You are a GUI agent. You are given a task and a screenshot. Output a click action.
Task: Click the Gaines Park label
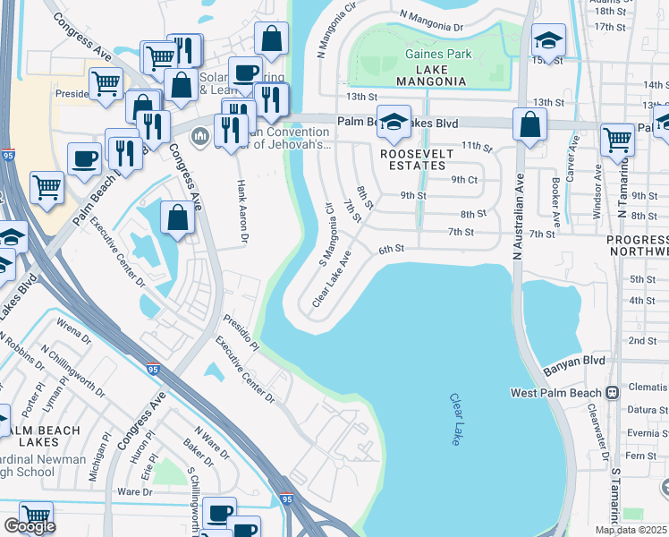pyautogui.click(x=437, y=55)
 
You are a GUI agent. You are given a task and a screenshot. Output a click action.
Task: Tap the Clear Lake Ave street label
pyautogui.click(x=332, y=278)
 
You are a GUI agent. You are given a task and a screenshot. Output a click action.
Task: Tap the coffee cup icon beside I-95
pyautogui.click(x=84, y=158)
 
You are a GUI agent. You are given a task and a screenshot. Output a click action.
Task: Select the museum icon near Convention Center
pyautogui.click(x=199, y=136)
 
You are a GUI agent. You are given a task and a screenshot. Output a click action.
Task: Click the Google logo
pyautogui.click(x=30, y=526)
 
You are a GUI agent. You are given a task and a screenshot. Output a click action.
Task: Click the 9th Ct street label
pyautogui.click(x=464, y=179)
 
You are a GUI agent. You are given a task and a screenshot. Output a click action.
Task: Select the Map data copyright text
pyautogui.click(x=631, y=530)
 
